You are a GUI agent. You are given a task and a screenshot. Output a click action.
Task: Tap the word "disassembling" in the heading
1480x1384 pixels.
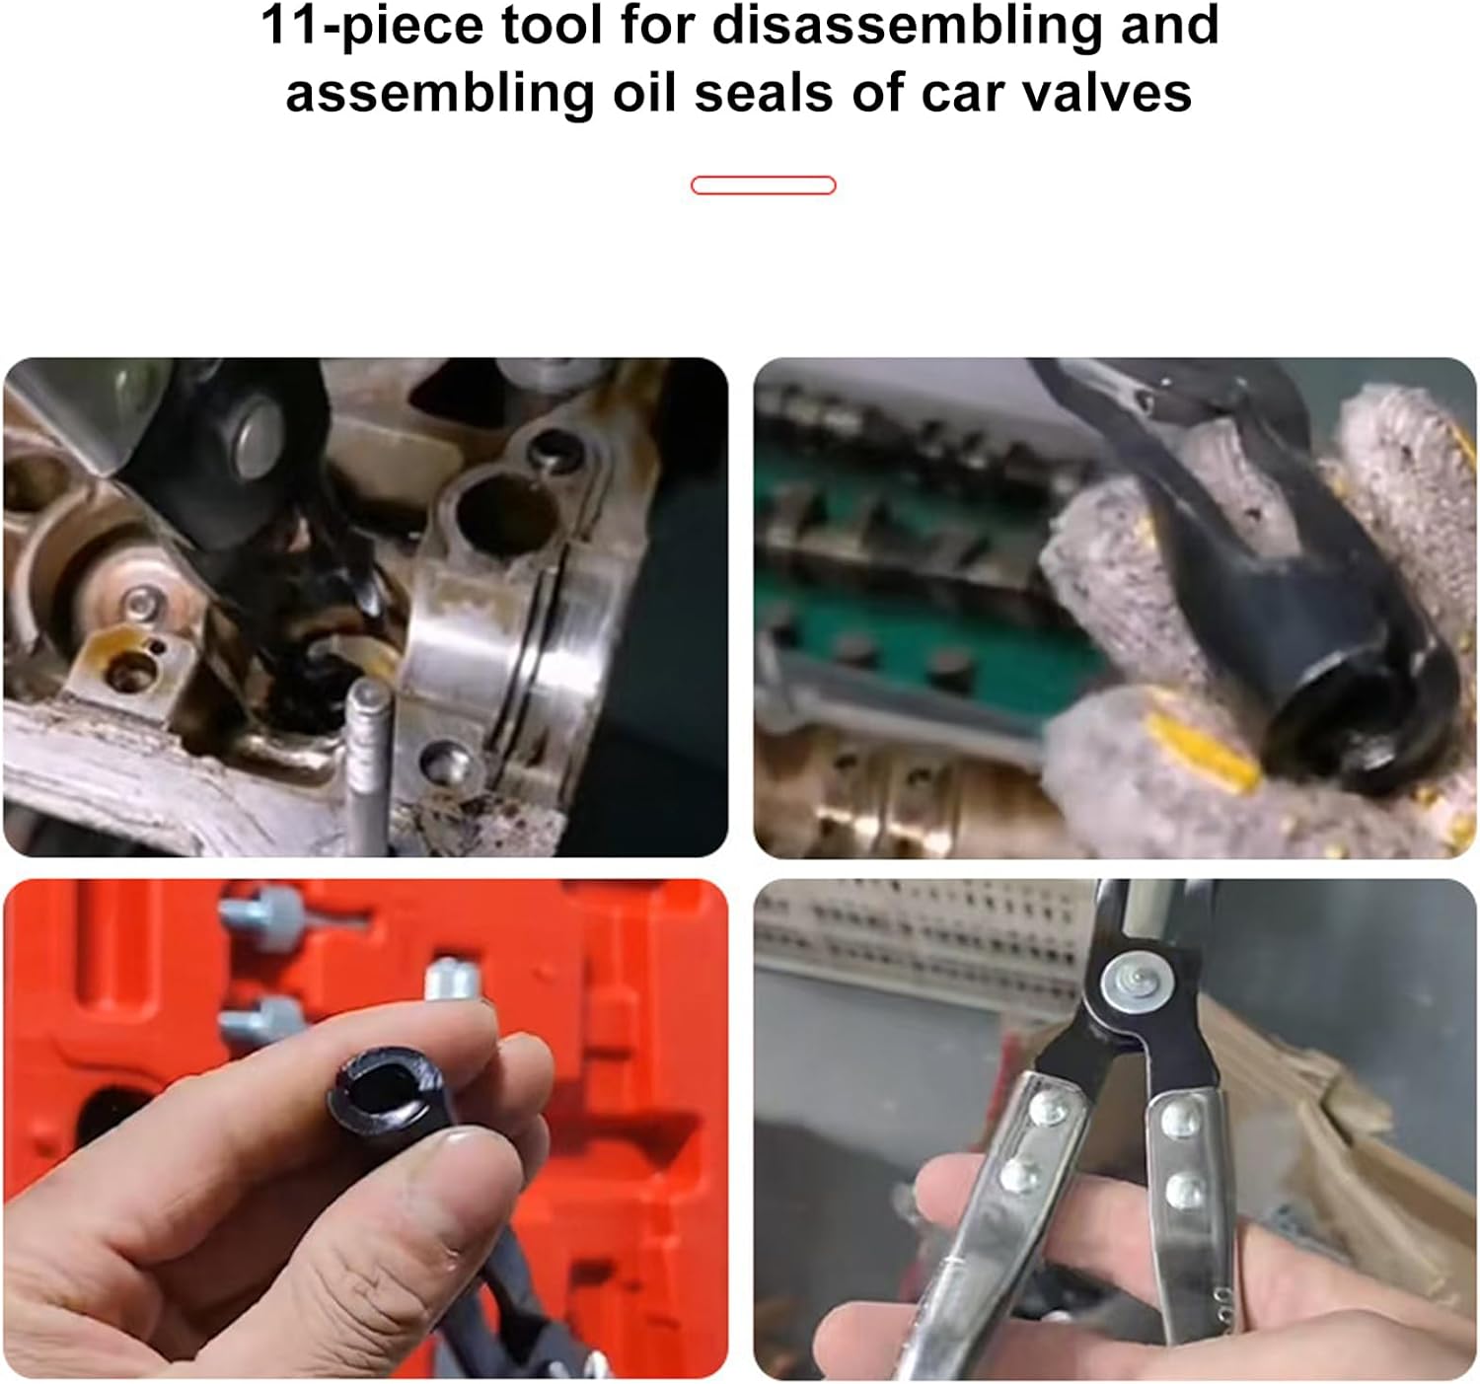pyautogui.click(x=906, y=28)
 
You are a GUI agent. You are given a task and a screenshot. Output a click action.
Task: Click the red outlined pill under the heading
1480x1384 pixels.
pyautogui.click(x=763, y=185)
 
